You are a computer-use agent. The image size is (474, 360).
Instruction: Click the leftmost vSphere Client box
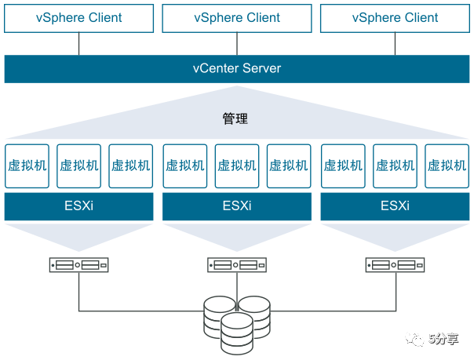point(79,17)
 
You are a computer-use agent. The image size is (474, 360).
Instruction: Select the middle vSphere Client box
point(237,17)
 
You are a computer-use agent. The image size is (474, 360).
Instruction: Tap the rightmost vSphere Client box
point(395,17)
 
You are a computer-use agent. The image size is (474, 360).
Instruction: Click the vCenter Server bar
point(237,68)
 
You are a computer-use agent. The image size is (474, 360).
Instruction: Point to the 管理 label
point(235,119)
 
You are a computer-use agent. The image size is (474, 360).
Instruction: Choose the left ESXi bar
point(79,207)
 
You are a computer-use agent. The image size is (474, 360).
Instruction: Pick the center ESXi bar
point(237,207)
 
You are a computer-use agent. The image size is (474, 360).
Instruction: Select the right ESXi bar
point(395,207)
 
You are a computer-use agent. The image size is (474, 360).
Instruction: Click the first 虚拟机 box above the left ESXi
point(27,165)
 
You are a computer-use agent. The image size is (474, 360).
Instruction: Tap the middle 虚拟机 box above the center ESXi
point(237,165)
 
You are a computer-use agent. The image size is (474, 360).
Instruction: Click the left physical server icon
point(78,265)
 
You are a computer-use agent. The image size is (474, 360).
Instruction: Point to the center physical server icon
point(237,265)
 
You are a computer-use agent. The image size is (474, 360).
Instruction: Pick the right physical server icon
point(395,265)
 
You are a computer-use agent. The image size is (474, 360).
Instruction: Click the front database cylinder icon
point(236,333)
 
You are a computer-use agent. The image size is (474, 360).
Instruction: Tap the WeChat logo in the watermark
point(414,339)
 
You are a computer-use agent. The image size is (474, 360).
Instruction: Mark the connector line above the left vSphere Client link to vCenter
point(78,44)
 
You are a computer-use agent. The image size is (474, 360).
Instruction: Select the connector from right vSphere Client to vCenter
point(395,44)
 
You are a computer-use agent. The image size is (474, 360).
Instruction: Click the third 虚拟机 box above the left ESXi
point(131,165)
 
